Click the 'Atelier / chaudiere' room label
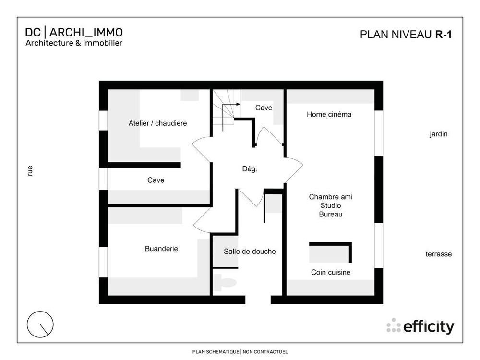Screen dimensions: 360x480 click(x=157, y=123)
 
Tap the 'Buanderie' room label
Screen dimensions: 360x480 click(x=161, y=249)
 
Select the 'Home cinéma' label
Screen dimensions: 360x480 click(x=329, y=114)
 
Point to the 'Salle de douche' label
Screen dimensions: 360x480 click(x=250, y=251)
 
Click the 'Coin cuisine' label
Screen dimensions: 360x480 click(x=330, y=272)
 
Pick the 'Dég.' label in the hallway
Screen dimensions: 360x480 click(x=250, y=169)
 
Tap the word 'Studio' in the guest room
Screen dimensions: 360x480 click(x=330, y=205)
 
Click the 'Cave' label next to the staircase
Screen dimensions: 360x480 click(x=264, y=108)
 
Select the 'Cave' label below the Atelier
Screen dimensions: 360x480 click(x=156, y=180)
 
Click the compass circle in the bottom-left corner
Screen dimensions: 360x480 click(x=40, y=324)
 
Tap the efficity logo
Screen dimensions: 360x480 click(x=420, y=326)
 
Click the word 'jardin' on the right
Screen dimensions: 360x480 click(x=438, y=134)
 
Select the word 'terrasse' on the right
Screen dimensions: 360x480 click(x=438, y=254)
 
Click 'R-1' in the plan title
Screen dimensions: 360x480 click(x=444, y=34)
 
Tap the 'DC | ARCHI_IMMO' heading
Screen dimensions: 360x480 click(x=74, y=32)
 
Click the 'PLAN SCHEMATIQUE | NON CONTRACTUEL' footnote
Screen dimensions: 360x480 click(x=240, y=352)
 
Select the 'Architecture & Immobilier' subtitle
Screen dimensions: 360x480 click(x=74, y=43)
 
